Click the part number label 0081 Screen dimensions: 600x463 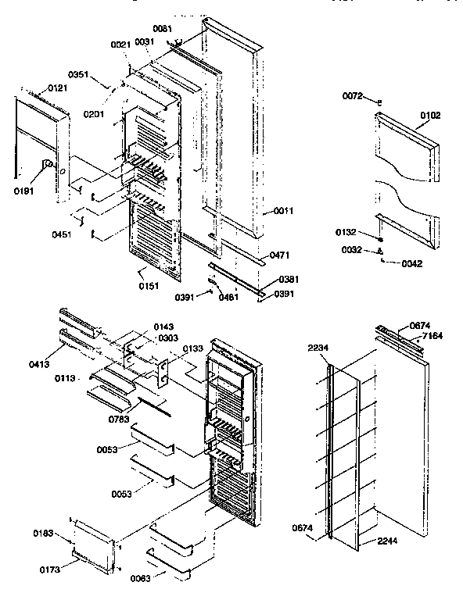point(162,29)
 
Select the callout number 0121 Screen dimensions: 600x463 point(57,88)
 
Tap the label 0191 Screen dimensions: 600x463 point(24,189)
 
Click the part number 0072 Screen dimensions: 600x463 point(353,95)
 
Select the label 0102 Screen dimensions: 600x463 point(429,116)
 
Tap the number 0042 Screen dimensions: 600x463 point(411,263)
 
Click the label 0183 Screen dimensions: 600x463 point(43,533)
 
